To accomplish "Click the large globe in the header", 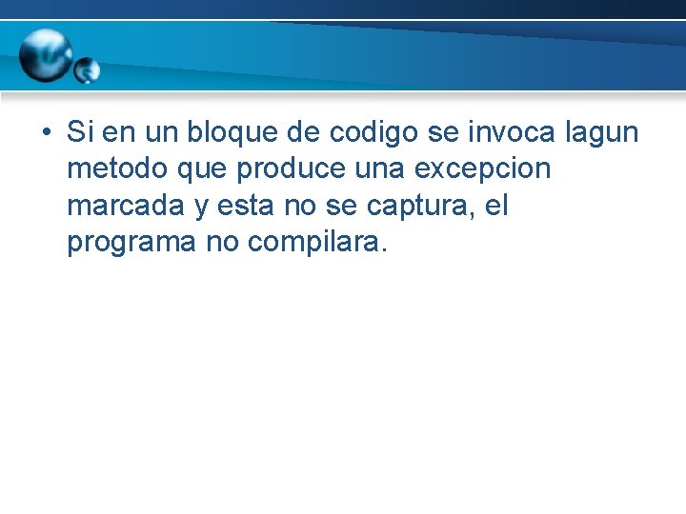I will pos(48,54).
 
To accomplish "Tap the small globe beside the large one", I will pos(87,70).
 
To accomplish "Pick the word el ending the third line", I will pos(495,205).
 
